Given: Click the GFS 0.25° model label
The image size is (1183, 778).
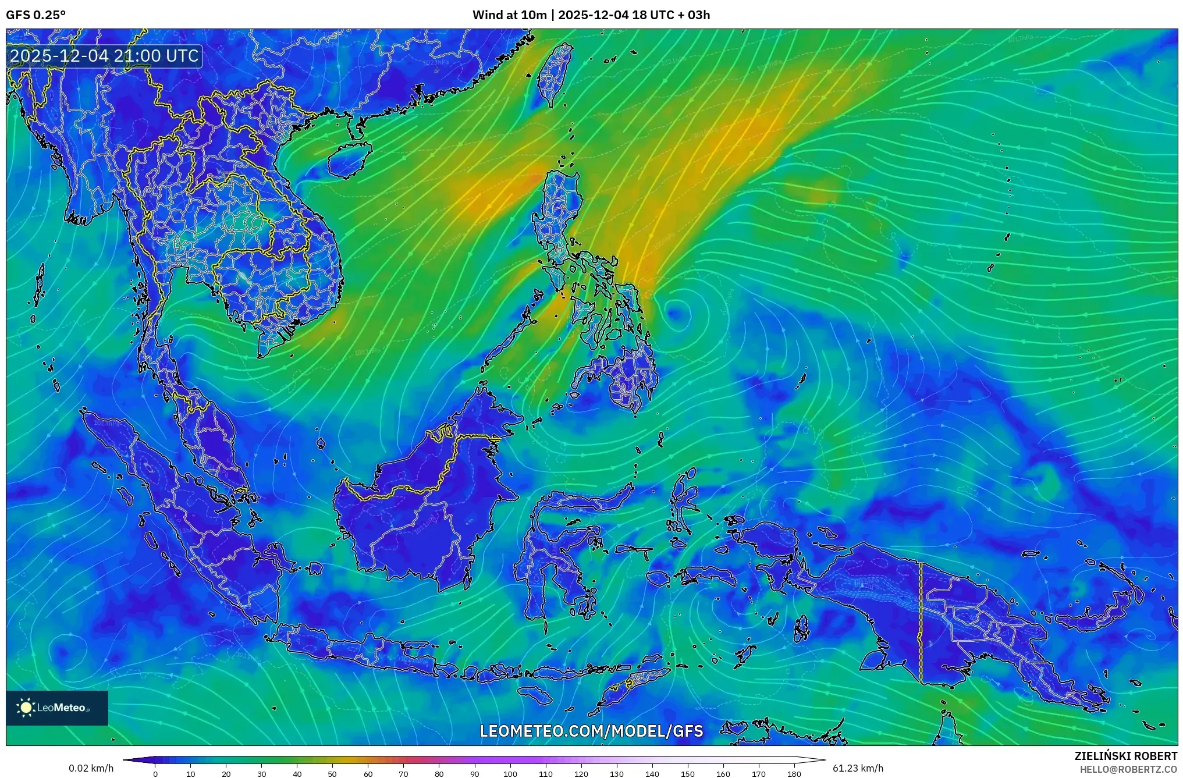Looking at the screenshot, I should [35, 15].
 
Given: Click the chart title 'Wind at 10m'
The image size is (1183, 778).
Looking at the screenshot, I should [509, 15].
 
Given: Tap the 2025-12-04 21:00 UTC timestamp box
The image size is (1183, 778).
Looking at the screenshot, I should [105, 56].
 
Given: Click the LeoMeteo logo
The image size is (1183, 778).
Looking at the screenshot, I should [57, 708].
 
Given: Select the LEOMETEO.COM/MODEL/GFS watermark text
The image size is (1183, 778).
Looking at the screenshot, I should [591, 731].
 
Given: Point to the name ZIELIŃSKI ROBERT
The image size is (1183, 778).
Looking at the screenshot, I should [1125, 756].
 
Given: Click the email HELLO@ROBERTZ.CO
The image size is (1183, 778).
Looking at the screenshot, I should [1128, 769].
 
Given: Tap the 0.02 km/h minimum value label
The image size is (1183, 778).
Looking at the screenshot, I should [91, 768].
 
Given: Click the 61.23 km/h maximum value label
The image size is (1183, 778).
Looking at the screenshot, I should [858, 768].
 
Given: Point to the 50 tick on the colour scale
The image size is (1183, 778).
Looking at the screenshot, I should [332, 774].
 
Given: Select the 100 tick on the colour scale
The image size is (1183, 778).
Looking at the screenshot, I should [510, 774].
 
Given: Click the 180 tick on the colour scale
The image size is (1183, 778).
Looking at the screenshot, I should [794, 774].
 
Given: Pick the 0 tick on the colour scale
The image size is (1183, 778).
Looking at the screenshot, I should [155, 774].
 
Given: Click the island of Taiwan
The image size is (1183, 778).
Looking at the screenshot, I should [553, 76].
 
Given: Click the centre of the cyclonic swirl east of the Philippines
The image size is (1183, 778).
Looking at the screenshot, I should [677, 314].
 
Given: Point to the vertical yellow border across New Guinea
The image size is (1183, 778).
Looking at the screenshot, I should [921, 623].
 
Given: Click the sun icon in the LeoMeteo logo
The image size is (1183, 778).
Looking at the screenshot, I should [26, 708].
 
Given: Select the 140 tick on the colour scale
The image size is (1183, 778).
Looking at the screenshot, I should [652, 774].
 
